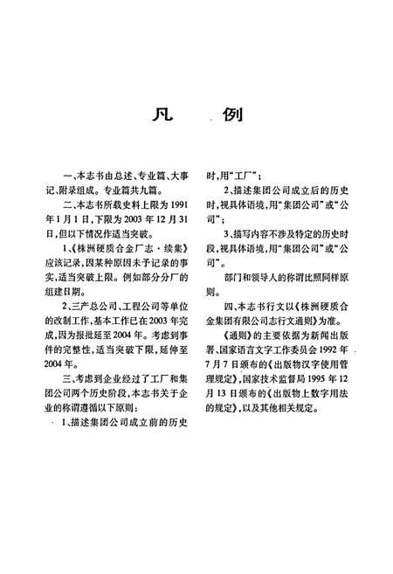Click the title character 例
[x=233, y=114]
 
